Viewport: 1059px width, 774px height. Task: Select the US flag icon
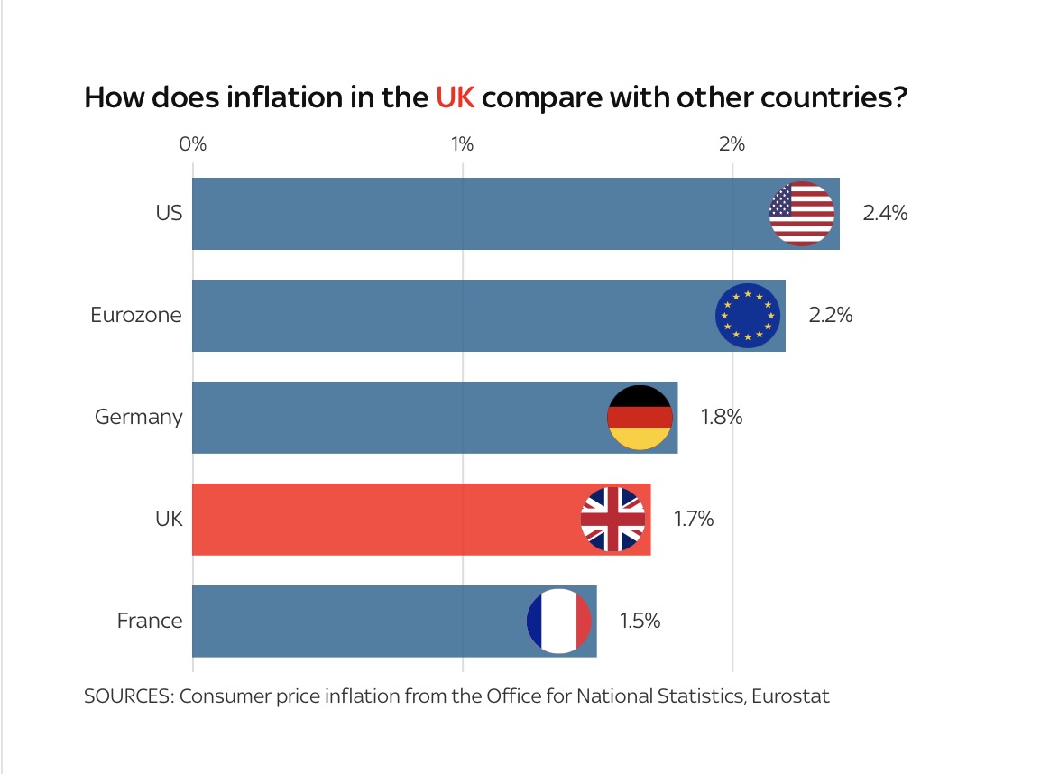tap(801, 214)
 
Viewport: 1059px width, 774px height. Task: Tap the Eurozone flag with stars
tap(747, 316)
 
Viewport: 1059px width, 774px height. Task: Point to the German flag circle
tap(640, 418)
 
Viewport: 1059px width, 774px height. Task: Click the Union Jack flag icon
tap(612, 519)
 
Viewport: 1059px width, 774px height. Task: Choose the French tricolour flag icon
tap(558, 621)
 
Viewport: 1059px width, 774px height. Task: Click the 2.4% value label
tap(884, 214)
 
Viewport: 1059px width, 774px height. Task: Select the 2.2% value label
tap(830, 316)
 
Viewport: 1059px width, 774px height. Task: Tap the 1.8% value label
tap(722, 418)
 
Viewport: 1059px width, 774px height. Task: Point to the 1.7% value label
tap(694, 519)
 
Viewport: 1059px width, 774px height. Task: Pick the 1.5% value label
tap(640, 621)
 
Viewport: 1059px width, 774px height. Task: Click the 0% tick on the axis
tap(193, 144)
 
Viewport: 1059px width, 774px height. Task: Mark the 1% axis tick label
tap(462, 144)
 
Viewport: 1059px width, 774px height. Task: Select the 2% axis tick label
tap(732, 144)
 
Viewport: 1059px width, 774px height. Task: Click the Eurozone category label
tap(136, 316)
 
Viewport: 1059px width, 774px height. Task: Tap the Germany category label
tap(138, 418)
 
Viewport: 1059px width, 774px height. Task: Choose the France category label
tap(150, 621)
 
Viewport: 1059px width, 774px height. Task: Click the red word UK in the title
tap(455, 97)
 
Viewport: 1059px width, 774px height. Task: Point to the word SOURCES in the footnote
tap(125, 696)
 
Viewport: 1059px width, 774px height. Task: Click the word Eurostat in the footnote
tap(788, 696)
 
